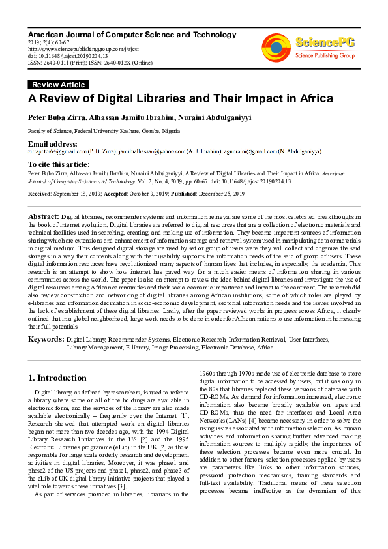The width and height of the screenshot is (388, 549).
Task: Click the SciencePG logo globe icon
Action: pyautogui.click(x=276, y=46)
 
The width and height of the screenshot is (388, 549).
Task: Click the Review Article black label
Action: pyautogui.click(x=58, y=85)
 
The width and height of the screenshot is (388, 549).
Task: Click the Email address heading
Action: pyautogui.click(x=52, y=143)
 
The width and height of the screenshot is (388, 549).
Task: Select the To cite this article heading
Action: pyautogui.click(x=59, y=164)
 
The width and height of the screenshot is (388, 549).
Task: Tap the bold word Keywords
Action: pyautogui.click(x=46, y=340)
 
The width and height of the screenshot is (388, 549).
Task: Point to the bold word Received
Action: pyautogui.click(x=42, y=194)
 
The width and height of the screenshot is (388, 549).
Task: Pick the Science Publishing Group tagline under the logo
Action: pyautogui.click(x=324, y=56)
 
